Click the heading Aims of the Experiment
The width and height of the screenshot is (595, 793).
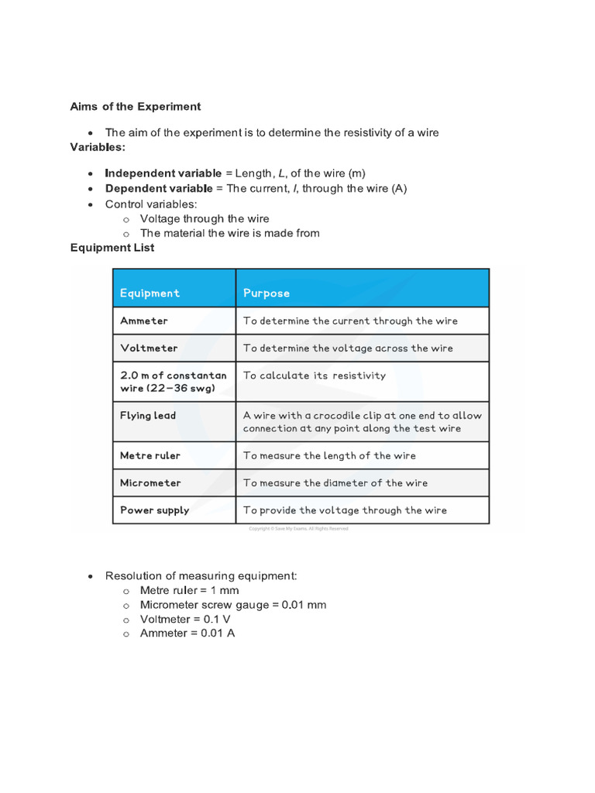click(135, 106)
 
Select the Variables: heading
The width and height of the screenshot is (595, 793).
click(98, 146)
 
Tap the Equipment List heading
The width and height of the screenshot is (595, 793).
click(112, 248)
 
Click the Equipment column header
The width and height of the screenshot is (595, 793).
click(150, 293)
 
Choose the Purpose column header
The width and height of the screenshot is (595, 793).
click(267, 293)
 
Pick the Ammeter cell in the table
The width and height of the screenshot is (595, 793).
click(144, 321)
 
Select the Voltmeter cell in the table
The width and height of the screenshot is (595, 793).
click(149, 348)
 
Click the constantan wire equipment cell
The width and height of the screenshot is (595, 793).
click(173, 381)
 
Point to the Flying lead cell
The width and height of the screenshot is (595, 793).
click(148, 415)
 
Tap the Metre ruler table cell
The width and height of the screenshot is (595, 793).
click(150, 455)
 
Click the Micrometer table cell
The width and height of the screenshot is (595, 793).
click(150, 482)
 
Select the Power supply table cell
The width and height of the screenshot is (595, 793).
click(154, 510)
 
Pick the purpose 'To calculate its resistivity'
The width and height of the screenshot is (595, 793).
click(314, 375)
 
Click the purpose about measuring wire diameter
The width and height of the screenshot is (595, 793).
click(335, 482)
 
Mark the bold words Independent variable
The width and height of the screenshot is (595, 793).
click(163, 173)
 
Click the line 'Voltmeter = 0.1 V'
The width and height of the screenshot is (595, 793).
click(185, 620)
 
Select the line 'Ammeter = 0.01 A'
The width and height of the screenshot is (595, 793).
click(187, 633)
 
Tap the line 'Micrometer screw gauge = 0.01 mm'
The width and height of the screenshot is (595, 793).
click(232, 605)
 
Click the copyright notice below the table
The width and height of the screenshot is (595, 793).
click(298, 529)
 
